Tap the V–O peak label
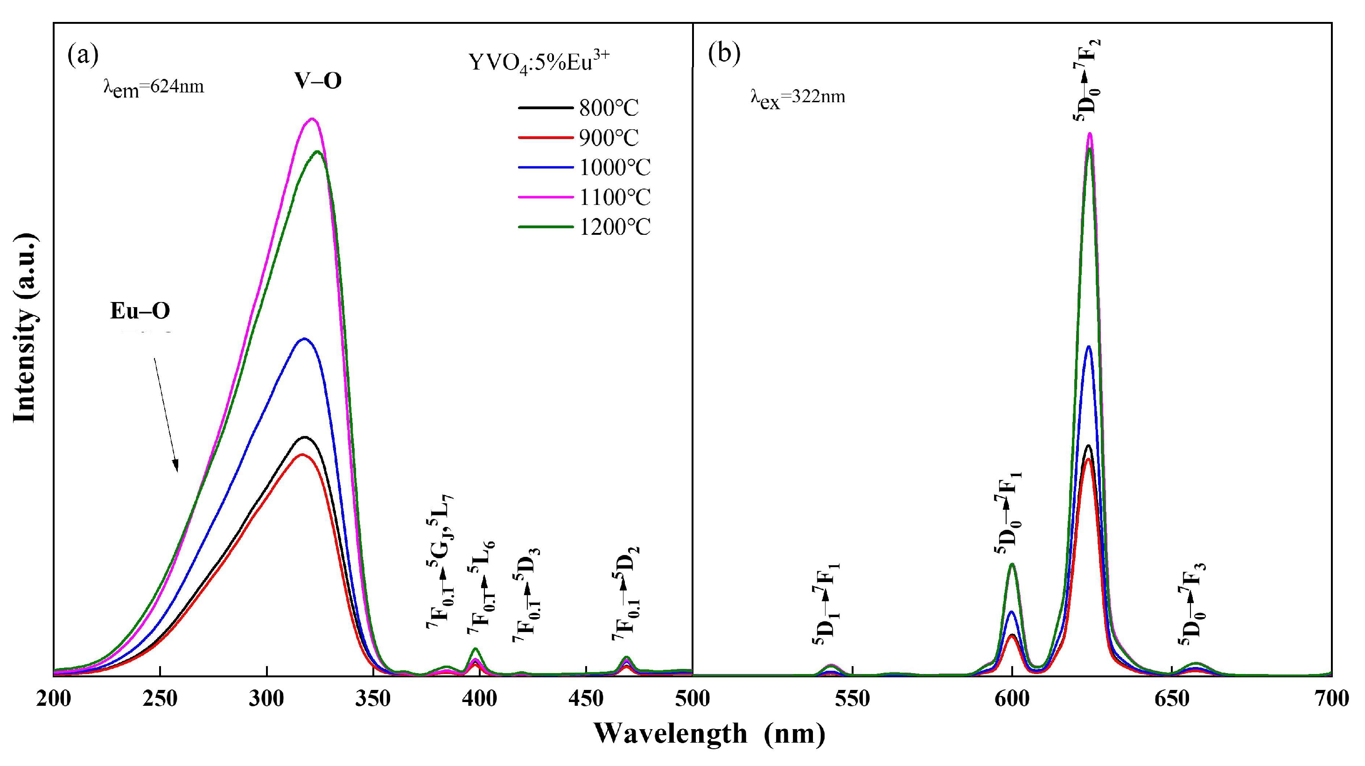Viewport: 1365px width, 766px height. pyautogui.click(x=318, y=81)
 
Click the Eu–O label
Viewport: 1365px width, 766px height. pyautogui.click(x=140, y=311)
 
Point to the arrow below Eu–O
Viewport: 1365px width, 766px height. pyautogui.click(x=166, y=414)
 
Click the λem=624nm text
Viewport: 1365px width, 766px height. pyautogui.click(x=153, y=86)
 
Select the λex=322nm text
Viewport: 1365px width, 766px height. pyautogui.click(x=798, y=97)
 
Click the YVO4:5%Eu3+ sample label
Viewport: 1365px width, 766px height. pyautogui.click(x=539, y=63)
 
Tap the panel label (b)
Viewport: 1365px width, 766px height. pyautogui.click(x=724, y=54)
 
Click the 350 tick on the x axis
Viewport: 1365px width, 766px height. pyautogui.click(x=373, y=699)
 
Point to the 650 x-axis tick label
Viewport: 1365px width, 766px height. pyautogui.click(x=1172, y=699)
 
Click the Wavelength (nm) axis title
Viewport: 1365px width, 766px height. pyautogui.click(x=709, y=734)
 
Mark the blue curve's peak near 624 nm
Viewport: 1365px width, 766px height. pyautogui.click(x=1089, y=347)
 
